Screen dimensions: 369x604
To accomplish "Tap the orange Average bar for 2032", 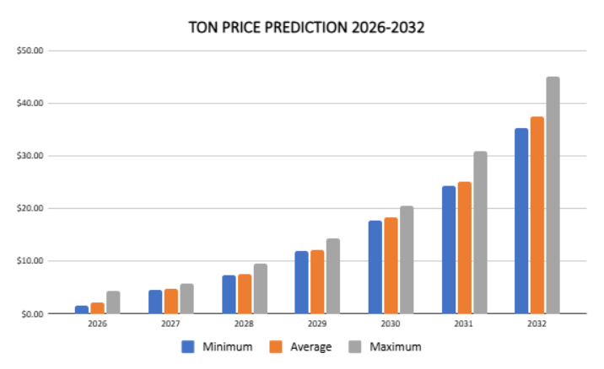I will pyautogui.click(x=537, y=215).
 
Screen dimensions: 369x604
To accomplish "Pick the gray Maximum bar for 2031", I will pyautogui.click(x=479, y=233).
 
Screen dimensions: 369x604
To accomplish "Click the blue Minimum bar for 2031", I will pyautogui.click(x=448, y=249).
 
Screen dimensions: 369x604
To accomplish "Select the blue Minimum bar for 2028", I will pyautogui.click(x=229, y=294).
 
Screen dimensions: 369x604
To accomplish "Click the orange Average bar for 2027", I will pyautogui.click(x=170, y=301).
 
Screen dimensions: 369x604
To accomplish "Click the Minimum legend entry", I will pyautogui.click(x=219, y=346).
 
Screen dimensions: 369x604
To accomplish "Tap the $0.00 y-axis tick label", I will pyautogui.click(x=31, y=313).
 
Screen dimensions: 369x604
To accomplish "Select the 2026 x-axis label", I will pyautogui.click(x=97, y=324).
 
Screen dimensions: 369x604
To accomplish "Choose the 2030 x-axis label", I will pyautogui.click(x=391, y=324).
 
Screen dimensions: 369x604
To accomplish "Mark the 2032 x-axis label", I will pyautogui.click(x=537, y=324).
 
